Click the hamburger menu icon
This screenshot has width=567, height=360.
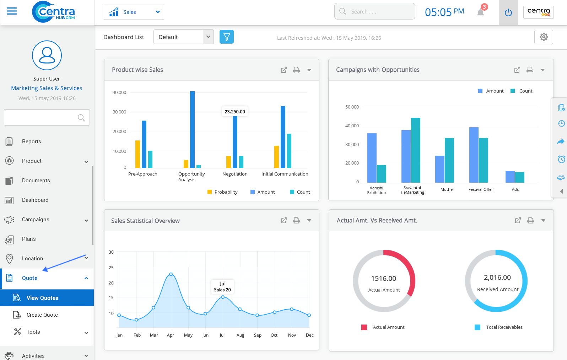(12, 11)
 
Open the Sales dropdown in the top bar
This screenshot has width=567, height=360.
(134, 12)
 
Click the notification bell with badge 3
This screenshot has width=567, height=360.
(481, 12)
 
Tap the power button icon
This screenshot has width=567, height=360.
(508, 13)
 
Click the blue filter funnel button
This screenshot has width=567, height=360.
(227, 37)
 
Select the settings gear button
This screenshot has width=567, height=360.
(544, 37)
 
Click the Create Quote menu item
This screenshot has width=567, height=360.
(42, 315)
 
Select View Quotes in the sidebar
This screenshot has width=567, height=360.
(42, 298)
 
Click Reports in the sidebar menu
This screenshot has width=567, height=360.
(31, 142)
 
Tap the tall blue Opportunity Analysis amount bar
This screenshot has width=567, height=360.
(192, 129)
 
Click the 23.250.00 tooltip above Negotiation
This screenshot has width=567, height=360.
(235, 112)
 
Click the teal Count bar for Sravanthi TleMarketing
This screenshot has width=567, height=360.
(415, 150)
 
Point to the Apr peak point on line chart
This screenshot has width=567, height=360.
(171, 274)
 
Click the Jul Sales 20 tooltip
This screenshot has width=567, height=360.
(222, 287)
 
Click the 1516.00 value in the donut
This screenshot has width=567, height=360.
(384, 279)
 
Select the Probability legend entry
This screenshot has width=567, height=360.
(222, 192)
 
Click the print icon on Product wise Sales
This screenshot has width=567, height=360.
(296, 70)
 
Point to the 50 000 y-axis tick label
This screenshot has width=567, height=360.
(352, 107)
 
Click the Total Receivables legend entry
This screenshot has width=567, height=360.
(504, 327)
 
